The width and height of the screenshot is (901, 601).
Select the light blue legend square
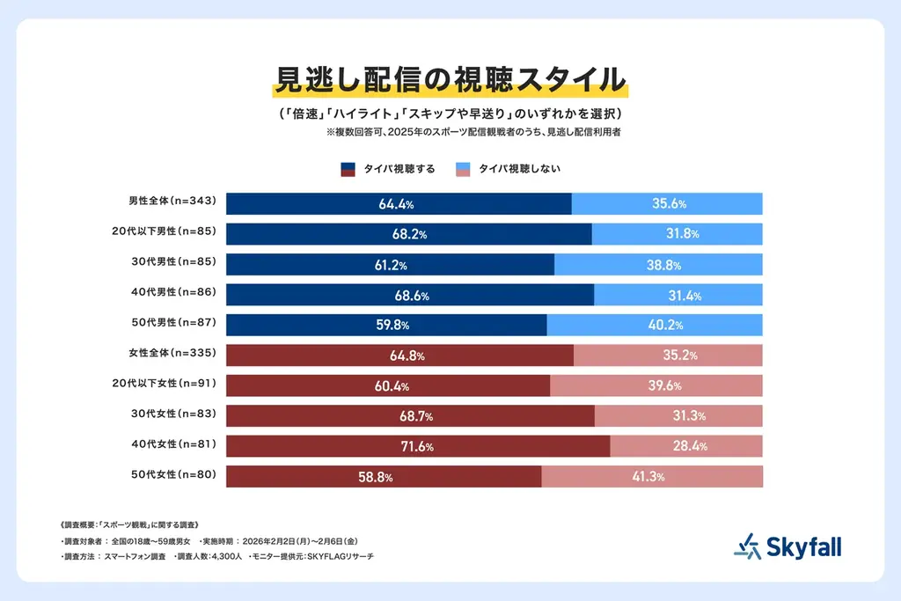(x=462, y=169)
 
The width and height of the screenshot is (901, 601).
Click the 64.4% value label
(x=396, y=204)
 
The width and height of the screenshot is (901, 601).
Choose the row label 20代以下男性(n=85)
(x=171, y=234)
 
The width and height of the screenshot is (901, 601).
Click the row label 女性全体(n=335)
(x=171, y=355)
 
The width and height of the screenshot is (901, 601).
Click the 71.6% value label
(x=418, y=447)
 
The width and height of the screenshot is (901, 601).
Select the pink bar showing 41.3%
(x=651, y=477)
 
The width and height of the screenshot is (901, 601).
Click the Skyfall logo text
(x=802, y=547)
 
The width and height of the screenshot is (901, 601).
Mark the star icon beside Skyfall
(x=746, y=546)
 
